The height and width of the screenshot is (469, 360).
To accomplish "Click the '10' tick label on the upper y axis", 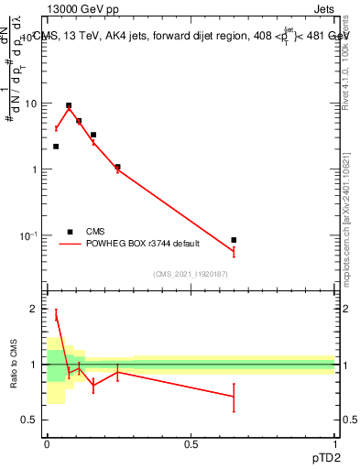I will [30, 104].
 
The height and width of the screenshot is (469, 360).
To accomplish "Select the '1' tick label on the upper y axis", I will [35, 170].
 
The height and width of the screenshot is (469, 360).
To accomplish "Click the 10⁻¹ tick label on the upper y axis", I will [29, 236].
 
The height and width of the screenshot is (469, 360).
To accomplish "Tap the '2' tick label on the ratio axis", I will [35, 309].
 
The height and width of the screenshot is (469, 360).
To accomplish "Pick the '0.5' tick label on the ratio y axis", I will [30, 420].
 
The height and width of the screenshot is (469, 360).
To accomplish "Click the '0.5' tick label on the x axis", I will [191, 443].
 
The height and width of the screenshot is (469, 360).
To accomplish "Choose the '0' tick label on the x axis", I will [47, 443].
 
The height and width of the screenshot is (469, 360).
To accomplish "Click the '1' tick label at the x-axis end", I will [335, 443].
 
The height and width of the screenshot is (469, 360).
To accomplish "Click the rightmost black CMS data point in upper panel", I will [234, 240].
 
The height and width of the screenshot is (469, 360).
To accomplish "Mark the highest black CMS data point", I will [69, 105].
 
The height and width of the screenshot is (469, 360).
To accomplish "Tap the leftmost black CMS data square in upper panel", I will [56, 147].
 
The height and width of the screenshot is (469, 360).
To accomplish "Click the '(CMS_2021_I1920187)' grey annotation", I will [190, 274].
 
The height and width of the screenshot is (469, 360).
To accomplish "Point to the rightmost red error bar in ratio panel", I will [234, 398].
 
